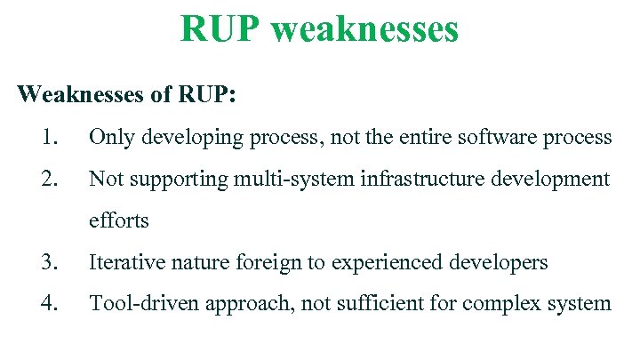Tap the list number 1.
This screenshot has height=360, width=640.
click(x=50, y=137)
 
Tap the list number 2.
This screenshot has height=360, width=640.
click(x=50, y=179)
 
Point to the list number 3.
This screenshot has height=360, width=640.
click(x=50, y=262)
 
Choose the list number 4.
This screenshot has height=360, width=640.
click(x=50, y=303)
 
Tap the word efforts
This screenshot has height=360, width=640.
click(x=119, y=220)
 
